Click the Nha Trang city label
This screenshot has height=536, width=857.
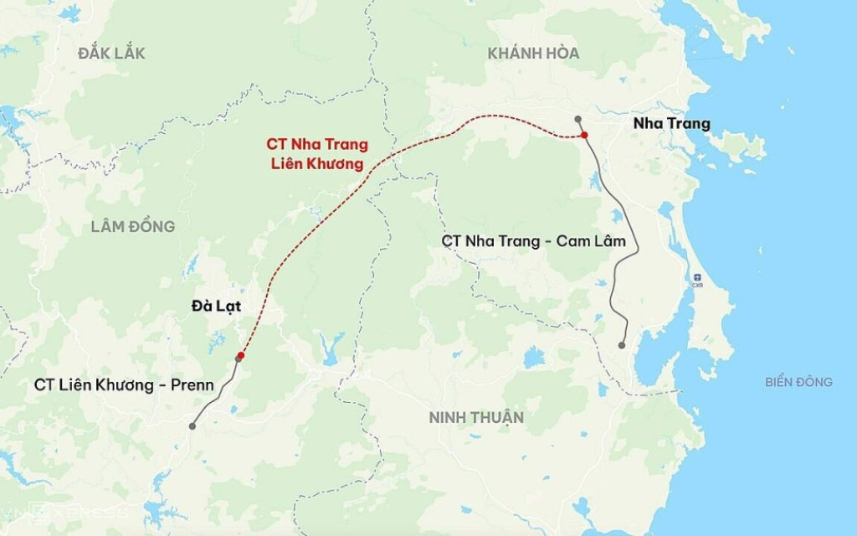pyautogui.click(x=672, y=124)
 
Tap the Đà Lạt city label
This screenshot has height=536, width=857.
pyautogui.click(x=216, y=307)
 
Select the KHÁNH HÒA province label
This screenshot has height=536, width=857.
pyautogui.click(x=533, y=53)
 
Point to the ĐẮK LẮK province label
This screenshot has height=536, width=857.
pyautogui.click(x=111, y=54)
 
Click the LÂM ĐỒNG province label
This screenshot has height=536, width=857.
pyautogui.click(x=133, y=226)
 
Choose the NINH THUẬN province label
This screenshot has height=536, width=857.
pyautogui.click(x=476, y=417)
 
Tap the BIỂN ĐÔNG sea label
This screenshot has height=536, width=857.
pyautogui.click(x=798, y=382)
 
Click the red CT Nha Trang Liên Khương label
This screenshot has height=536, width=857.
pyautogui.click(x=317, y=154)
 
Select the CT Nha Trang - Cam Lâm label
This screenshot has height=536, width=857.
pyautogui.click(x=534, y=241)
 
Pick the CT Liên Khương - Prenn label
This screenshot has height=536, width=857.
pyautogui.click(x=124, y=385)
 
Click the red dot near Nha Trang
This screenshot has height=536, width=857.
pyautogui.click(x=585, y=135)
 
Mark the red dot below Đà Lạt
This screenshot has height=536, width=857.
pyautogui.click(x=241, y=356)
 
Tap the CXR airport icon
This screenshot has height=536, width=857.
pyautogui.click(x=697, y=277)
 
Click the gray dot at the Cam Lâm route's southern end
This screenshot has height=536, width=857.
pyautogui.click(x=622, y=345)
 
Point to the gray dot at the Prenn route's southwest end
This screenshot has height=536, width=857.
pyautogui.click(x=192, y=426)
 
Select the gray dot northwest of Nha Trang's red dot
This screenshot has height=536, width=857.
pyautogui.click(x=578, y=119)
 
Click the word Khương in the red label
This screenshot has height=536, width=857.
pyautogui.click(x=336, y=164)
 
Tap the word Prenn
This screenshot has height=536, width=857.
pyautogui.click(x=192, y=385)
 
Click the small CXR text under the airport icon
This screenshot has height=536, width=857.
pyautogui.click(x=697, y=286)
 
